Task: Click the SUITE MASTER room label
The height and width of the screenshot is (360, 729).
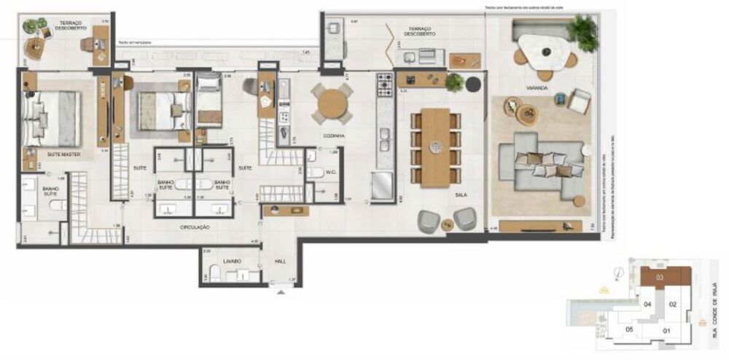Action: pos(64,155)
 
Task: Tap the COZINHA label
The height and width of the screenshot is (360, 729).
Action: pos(334,136)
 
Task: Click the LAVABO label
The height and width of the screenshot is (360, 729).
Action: pos(231,260)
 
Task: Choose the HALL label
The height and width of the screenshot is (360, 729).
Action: pos(280,260)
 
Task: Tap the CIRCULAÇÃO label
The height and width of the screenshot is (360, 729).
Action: pos(195,227)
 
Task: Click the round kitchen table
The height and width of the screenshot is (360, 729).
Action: pos(332,103)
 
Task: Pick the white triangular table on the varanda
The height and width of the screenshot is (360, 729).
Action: pos(542,53)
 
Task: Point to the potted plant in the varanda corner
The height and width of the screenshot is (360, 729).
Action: pos(582,31)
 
